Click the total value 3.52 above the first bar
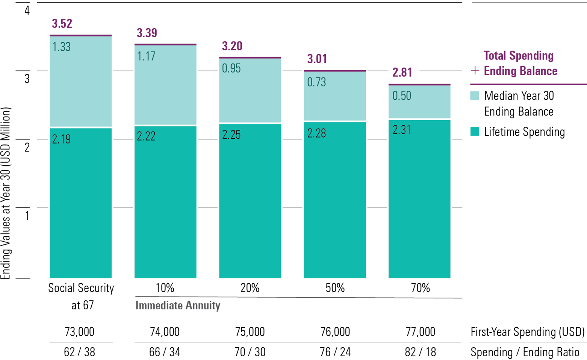[x=62, y=24]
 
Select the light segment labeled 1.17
[x=165, y=85]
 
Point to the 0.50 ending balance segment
[x=419, y=102]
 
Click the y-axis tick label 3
[x=27, y=79]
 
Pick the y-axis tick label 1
[x=27, y=215]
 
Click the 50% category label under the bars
[x=335, y=288]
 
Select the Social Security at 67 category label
[x=81, y=296]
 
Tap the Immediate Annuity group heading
[x=178, y=306]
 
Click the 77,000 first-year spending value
[x=420, y=332]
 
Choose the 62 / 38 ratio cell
[x=80, y=352]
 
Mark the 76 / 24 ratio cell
[x=335, y=352]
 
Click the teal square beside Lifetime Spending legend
[x=475, y=132]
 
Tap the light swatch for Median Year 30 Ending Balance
[x=475, y=96]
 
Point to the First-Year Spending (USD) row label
[x=528, y=332]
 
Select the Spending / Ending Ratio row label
[x=525, y=352]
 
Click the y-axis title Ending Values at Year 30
[x=5, y=193]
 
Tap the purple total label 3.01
[x=317, y=59]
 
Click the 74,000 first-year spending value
[x=165, y=332]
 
